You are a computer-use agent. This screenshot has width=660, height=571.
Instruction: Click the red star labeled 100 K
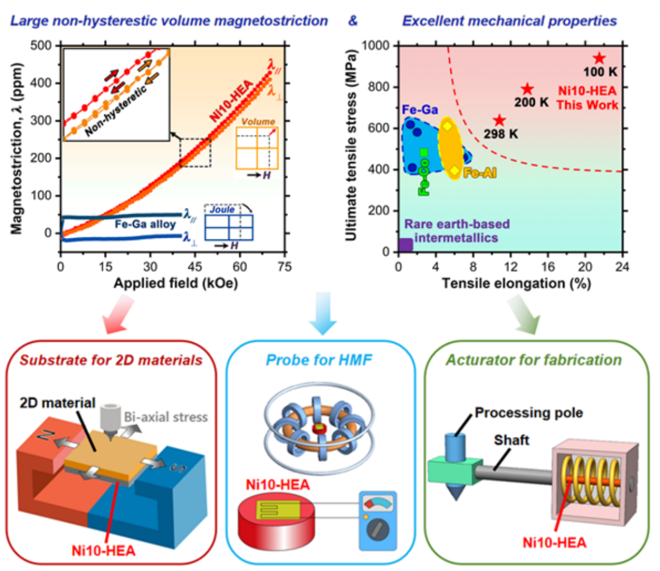point(599,58)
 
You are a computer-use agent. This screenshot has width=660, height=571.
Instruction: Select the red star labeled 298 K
point(500,120)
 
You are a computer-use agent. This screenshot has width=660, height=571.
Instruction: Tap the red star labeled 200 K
point(527,89)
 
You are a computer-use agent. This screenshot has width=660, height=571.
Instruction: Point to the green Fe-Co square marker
point(424,152)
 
